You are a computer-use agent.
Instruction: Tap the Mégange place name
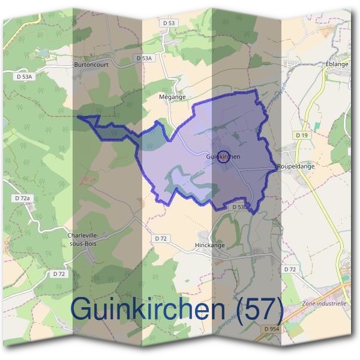pyautogui.click(x=172, y=96)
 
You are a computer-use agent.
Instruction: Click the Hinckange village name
pyautogui.click(x=209, y=245)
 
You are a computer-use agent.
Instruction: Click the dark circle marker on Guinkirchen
pyautogui.click(x=223, y=157)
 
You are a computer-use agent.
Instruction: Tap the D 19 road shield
pyautogui.click(x=302, y=136)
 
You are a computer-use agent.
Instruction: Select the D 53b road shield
pyautogui.click(x=239, y=207)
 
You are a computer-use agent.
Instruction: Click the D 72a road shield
pyautogui.click(x=21, y=197)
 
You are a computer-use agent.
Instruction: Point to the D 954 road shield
pyautogui.click(x=271, y=329)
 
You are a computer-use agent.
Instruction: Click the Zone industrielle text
pyautogui.click(x=325, y=304)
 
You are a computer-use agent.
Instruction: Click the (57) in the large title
pyautogui.click(x=256, y=310)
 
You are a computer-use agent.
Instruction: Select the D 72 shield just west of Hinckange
pyautogui.click(x=160, y=238)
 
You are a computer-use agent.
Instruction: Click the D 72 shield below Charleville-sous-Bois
pyautogui.click(x=58, y=274)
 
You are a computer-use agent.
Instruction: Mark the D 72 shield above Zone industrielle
pyautogui.click(x=290, y=269)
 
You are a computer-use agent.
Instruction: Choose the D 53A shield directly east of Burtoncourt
pyautogui.click(x=143, y=58)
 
